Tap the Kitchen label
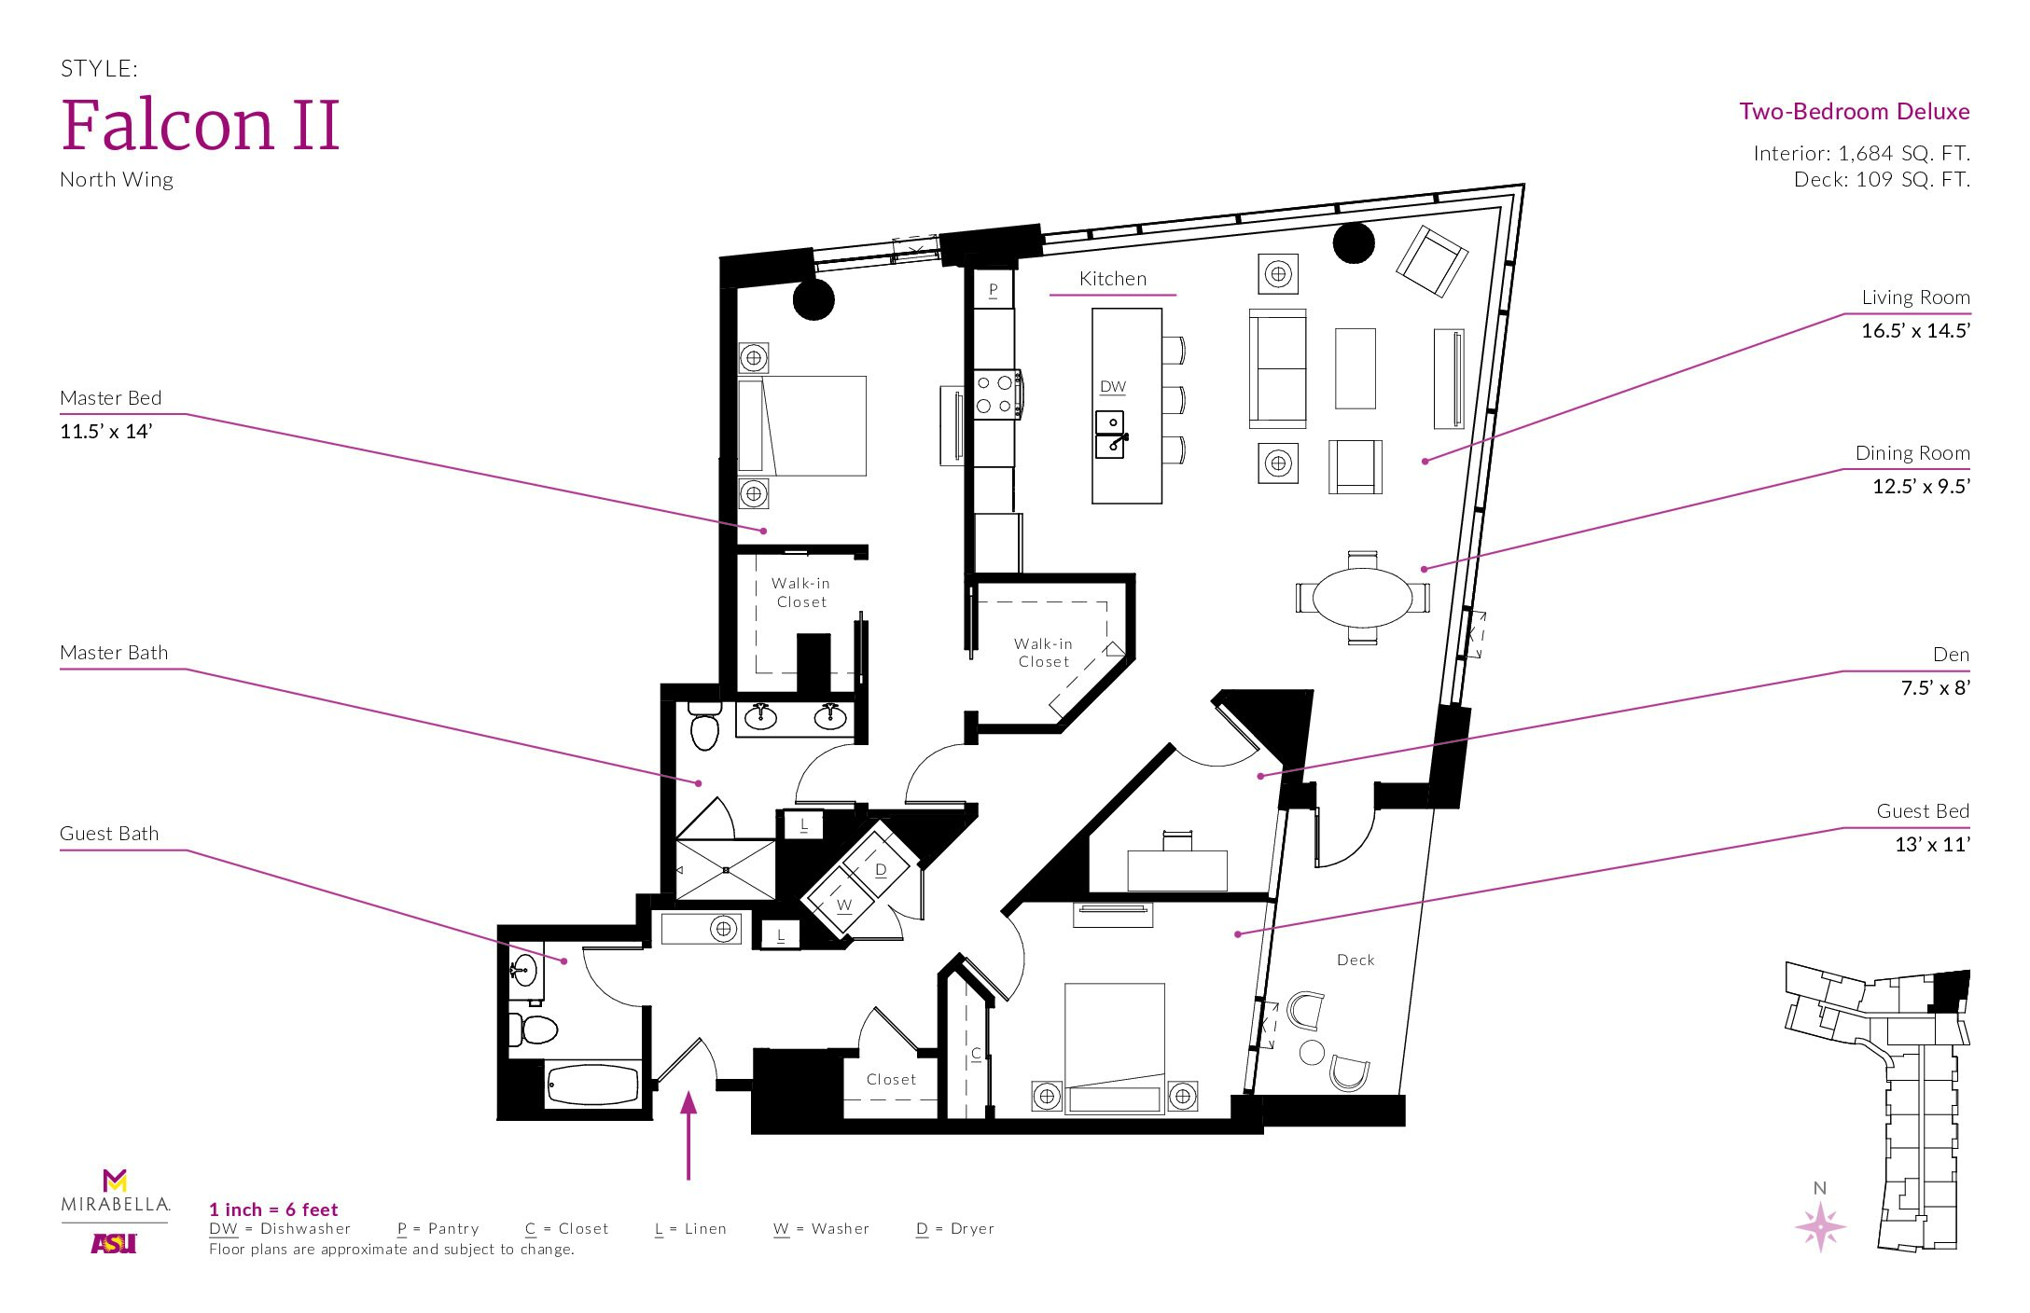[1112, 279]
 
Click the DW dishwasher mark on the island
[1112, 386]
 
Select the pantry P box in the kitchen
[994, 290]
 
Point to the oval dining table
[1362, 597]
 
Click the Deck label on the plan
[1356, 960]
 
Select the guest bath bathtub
[593, 1085]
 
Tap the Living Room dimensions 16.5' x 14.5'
[1915, 330]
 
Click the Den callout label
[1951, 655]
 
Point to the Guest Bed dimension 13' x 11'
[1932, 844]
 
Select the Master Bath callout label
[114, 653]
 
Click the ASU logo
[114, 1243]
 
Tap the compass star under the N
[1820, 1225]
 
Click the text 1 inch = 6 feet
[273, 1209]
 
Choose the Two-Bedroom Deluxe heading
[1855, 112]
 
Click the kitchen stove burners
[994, 394]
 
